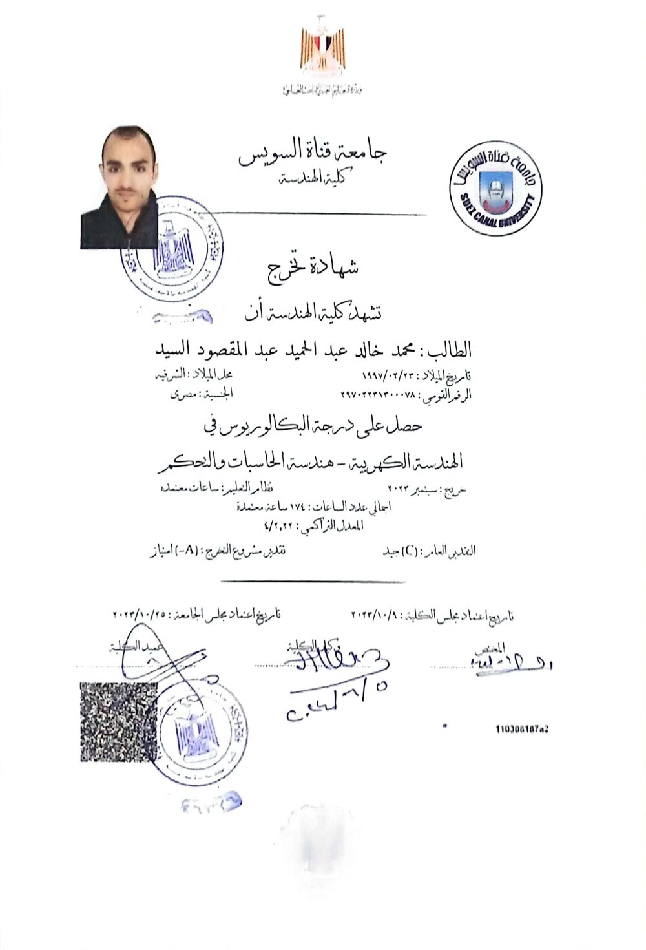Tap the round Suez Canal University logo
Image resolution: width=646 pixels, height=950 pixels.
(495, 188)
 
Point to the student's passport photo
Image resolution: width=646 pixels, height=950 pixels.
(120, 187)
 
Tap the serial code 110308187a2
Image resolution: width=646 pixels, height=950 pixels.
(521, 729)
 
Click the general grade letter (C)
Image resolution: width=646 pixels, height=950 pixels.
(408, 551)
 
